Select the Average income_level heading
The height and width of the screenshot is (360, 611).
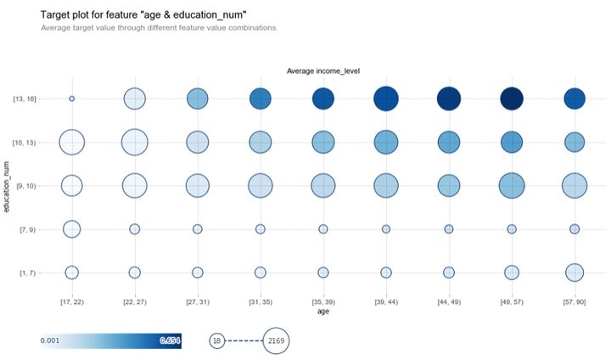[x=322, y=70]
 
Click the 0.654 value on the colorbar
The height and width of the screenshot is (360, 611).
[x=170, y=340]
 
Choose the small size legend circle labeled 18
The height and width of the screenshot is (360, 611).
[x=217, y=340]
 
